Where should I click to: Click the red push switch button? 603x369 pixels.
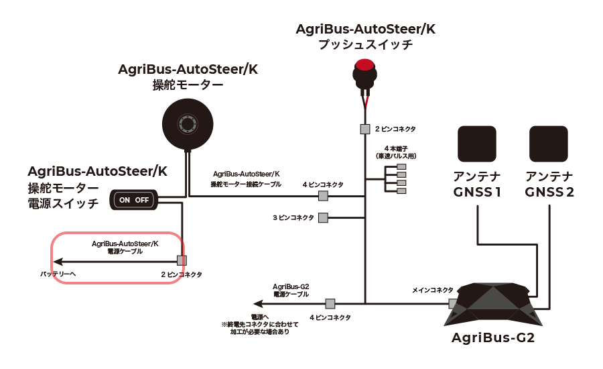364,66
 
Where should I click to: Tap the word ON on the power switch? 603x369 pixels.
125,200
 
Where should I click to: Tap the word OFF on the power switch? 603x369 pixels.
143,200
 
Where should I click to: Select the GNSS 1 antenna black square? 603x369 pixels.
477,144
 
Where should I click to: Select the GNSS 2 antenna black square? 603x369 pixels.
549,144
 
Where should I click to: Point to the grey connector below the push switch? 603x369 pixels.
365,128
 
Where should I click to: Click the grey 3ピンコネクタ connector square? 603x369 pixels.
323,217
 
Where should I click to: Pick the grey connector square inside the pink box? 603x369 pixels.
181,260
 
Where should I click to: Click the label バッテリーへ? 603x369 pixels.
58,274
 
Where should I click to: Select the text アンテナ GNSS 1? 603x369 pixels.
477,184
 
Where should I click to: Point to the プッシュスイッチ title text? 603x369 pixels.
365,45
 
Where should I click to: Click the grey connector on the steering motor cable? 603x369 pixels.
323,196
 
